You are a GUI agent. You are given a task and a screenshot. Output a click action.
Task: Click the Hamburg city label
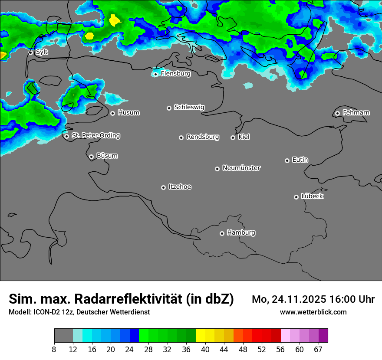point(241,232)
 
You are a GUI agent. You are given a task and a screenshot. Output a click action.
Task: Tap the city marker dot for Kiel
point(233,137)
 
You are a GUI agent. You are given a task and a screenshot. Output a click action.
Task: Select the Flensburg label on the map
point(175,74)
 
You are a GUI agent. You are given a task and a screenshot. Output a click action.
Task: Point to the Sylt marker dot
point(31,52)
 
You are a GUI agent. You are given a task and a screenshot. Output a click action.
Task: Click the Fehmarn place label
point(356,113)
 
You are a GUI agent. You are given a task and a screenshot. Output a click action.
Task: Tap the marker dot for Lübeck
point(296,197)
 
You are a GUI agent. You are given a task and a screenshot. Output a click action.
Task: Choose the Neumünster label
point(241,168)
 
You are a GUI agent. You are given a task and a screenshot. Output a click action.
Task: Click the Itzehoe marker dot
point(163,187)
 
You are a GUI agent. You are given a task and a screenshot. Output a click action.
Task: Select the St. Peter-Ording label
point(95,136)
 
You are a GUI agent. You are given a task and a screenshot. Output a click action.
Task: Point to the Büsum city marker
point(91,157)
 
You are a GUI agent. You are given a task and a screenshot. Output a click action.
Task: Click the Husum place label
point(128,113)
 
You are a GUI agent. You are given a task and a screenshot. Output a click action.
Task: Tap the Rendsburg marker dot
point(181,137)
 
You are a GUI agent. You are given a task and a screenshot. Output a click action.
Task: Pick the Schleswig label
point(189,107)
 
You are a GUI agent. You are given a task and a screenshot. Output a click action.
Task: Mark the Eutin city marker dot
point(287,160)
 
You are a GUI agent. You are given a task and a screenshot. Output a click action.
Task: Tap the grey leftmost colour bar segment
point(63,336)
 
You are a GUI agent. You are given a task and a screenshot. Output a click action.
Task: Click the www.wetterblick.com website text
point(313,312)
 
